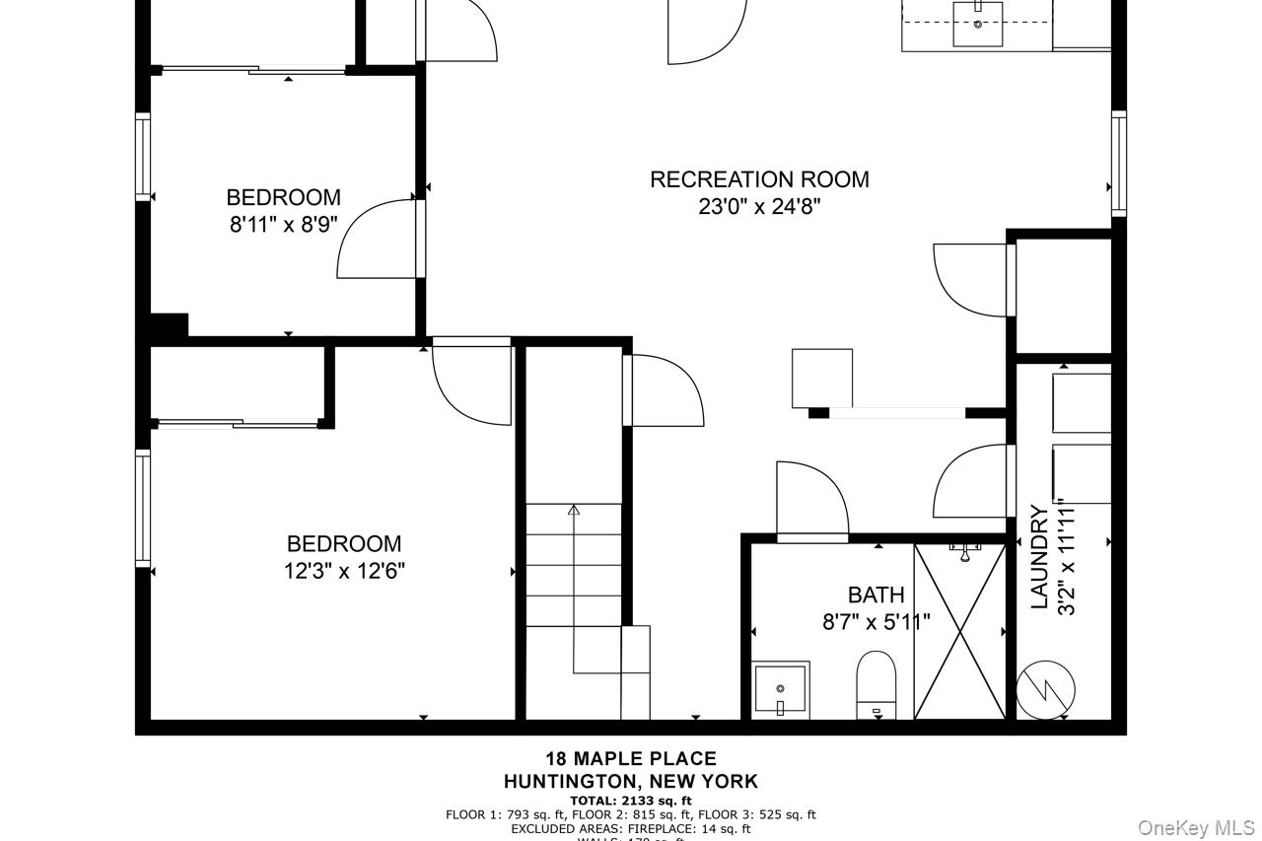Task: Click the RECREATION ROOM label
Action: [759, 179]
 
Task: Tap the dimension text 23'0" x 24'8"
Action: [759, 207]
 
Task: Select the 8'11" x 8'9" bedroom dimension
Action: [284, 225]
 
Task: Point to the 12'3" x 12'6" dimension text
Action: [344, 571]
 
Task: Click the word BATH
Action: [876, 595]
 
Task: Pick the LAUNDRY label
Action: [1039, 557]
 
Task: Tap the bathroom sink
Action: [780, 688]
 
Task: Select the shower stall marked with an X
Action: [959, 631]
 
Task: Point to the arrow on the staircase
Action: [574, 512]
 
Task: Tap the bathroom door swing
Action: [811, 500]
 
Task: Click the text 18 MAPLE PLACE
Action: [631, 758]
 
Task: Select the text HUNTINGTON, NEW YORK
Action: [631, 781]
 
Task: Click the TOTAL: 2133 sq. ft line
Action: [631, 801]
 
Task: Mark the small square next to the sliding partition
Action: [821, 377]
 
